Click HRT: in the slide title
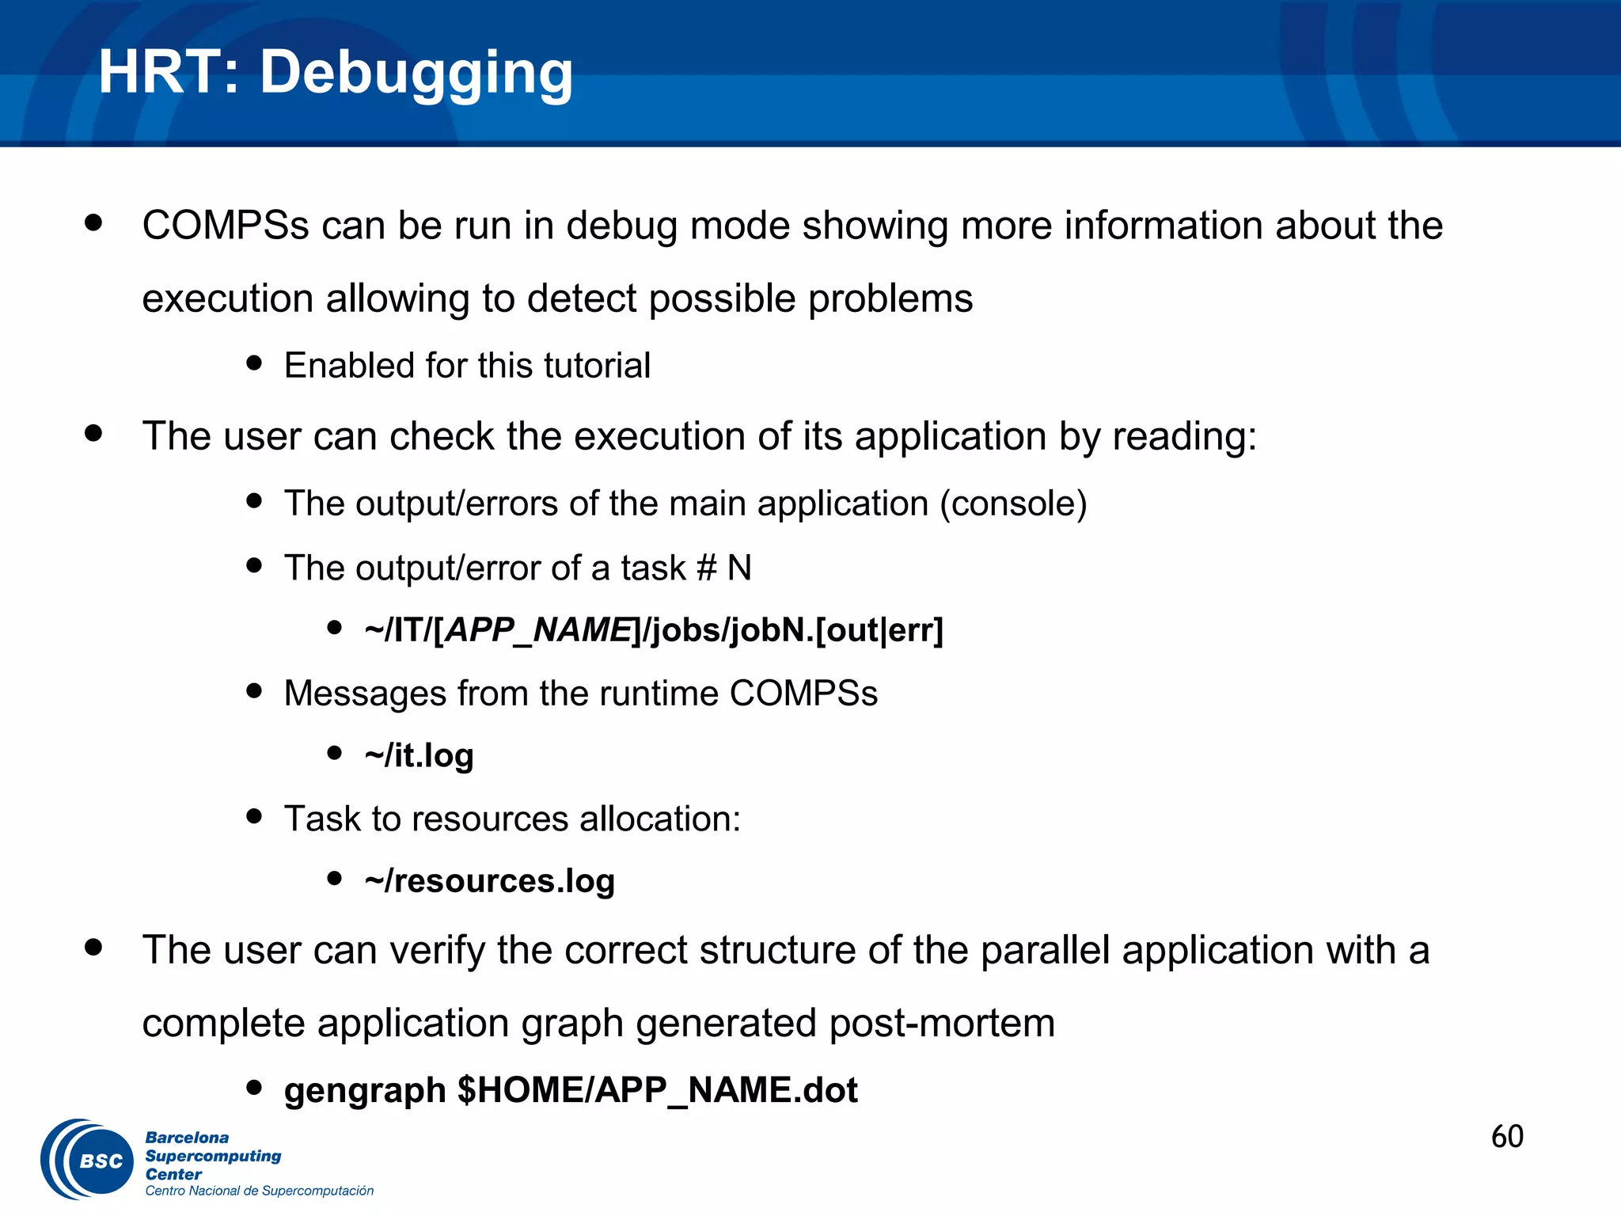click(x=169, y=73)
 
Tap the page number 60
click(x=1507, y=1137)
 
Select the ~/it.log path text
click(x=419, y=755)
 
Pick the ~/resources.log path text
click(x=489, y=880)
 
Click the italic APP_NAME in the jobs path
click(x=538, y=630)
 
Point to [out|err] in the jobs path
click(x=879, y=630)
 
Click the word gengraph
click(x=365, y=1090)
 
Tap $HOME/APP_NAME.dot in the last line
click(x=657, y=1090)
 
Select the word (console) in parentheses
click(x=1013, y=503)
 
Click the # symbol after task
click(x=706, y=568)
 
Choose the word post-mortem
click(x=942, y=1023)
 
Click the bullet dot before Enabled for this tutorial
click(x=254, y=363)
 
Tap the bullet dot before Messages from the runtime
click(x=254, y=690)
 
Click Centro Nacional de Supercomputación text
click(x=259, y=1191)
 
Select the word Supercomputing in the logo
click(x=213, y=1156)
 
